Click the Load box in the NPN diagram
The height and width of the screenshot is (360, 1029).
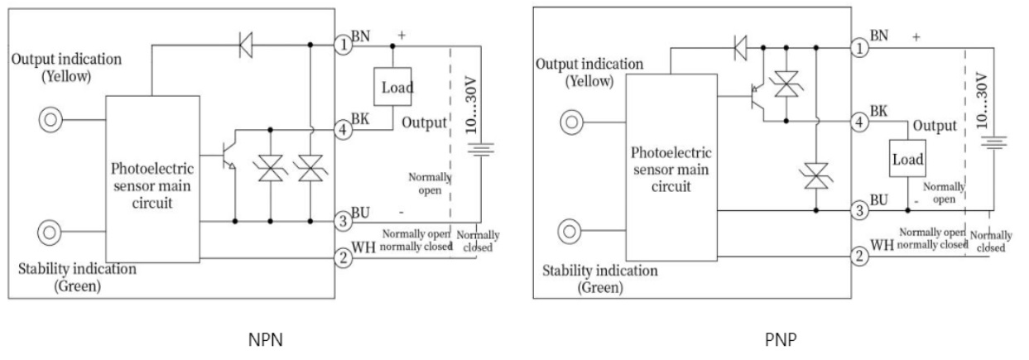pos(393,87)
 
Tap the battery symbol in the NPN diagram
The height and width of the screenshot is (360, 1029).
pos(482,150)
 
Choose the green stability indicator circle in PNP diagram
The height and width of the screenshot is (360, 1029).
pos(571,229)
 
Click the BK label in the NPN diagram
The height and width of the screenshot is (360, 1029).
pos(360,120)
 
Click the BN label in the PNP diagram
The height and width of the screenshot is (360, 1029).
pos(880,36)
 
